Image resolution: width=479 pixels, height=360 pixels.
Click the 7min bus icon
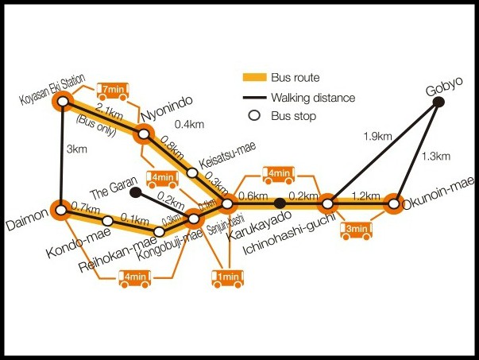pyautogui.click(x=113, y=91)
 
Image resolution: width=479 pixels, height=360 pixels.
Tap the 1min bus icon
pyautogui.click(x=228, y=279)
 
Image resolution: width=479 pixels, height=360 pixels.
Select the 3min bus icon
pyautogui.click(x=356, y=230)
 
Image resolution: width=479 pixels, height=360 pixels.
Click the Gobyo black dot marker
pyautogui.click(x=438, y=102)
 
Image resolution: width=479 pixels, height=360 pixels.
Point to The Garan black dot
pyautogui.click(x=135, y=192)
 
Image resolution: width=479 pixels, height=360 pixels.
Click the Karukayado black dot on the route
pyautogui.click(x=280, y=203)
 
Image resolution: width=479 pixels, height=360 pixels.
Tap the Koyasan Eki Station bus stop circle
pyautogui.click(x=63, y=102)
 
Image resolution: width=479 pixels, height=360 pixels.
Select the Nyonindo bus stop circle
pyautogui.click(x=144, y=134)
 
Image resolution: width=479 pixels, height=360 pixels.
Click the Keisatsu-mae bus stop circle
pyautogui.click(x=192, y=172)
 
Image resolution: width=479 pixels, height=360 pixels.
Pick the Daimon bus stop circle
pyautogui.click(x=61, y=210)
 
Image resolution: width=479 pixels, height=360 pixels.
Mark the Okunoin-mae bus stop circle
pyautogui.click(x=394, y=203)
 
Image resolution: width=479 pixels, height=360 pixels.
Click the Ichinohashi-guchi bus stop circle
pyautogui.click(x=327, y=203)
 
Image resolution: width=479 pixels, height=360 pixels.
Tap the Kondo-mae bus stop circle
pyautogui.click(x=108, y=220)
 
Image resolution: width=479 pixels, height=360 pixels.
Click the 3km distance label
pyautogui.click(x=77, y=149)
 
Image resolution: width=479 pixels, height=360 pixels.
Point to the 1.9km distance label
pyautogui.click(x=377, y=137)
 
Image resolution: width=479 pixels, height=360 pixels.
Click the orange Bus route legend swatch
pyautogui.click(x=254, y=77)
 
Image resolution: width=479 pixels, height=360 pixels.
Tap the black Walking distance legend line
pyautogui.click(x=254, y=98)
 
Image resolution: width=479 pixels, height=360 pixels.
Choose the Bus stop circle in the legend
pyautogui.click(x=254, y=115)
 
